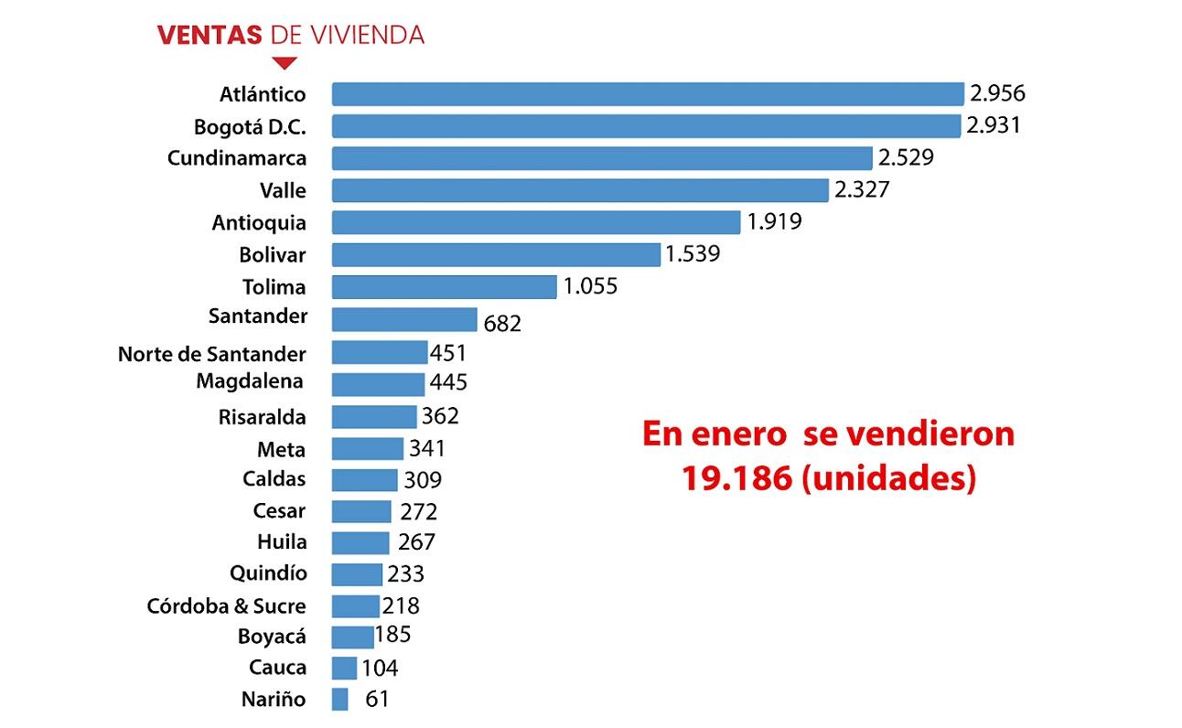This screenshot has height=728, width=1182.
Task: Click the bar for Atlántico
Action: (x=647, y=94)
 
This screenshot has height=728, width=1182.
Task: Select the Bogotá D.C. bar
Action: (x=645, y=126)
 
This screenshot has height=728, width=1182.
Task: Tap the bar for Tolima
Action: (x=444, y=286)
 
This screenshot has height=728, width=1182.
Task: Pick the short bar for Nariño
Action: (x=340, y=699)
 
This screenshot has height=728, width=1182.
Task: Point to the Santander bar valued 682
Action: (x=403, y=319)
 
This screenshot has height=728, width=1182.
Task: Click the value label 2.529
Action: (x=906, y=157)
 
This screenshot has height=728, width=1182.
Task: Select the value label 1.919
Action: (x=774, y=221)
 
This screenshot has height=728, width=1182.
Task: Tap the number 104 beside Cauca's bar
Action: (x=380, y=668)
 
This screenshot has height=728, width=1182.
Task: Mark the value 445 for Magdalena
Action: (x=448, y=382)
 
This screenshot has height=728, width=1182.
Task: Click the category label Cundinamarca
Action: (x=237, y=157)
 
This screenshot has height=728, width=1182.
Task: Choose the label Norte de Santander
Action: (x=211, y=353)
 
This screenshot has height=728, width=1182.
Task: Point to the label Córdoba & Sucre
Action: (x=226, y=605)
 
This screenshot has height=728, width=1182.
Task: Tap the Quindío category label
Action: (x=268, y=573)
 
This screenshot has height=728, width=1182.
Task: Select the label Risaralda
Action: (x=262, y=417)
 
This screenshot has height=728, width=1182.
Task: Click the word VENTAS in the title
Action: (x=210, y=35)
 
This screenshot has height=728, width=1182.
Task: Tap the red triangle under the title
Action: (x=285, y=63)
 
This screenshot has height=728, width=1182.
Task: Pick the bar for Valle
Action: (x=579, y=190)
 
